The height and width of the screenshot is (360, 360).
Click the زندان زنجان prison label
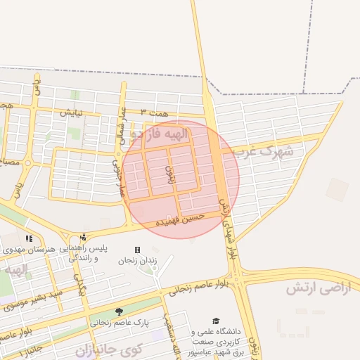(x=137, y=261)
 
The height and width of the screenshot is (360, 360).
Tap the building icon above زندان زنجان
(x=137, y=250)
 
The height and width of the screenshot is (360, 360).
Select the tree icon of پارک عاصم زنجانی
(x=118, y=311)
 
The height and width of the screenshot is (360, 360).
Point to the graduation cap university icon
(x=216, y=321)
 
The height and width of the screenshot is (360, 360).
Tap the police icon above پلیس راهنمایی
(x=84, y=238)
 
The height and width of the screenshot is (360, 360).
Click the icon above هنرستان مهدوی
(x=29, y=238)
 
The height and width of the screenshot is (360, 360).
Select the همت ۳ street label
(x=155, y=112)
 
